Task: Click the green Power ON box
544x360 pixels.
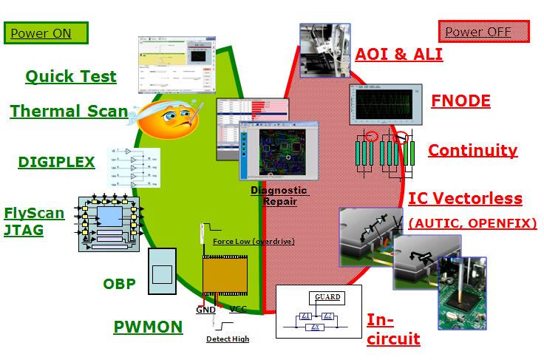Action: click(46, 33)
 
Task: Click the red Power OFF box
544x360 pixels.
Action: click(483, 32)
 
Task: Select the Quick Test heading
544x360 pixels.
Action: click(71, 76)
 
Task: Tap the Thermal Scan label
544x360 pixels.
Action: click(69, 112)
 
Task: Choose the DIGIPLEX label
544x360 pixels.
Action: click(57, 162)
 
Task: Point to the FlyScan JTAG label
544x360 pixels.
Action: click(34, 222)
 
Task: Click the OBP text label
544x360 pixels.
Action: click(119, 283)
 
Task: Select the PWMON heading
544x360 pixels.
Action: click(148, 327)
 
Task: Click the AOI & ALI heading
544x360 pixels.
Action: click(399, 54)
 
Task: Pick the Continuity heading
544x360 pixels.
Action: click(472, 150)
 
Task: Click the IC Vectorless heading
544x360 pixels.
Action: click(465, 199)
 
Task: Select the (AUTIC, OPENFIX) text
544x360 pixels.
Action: click(472, 222)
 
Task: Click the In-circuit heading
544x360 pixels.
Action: click(393, 330)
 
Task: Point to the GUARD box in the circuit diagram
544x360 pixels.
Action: click(327, 297)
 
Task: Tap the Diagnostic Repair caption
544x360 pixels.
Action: click(278, 196)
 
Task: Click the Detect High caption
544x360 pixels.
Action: click(228, 339)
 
